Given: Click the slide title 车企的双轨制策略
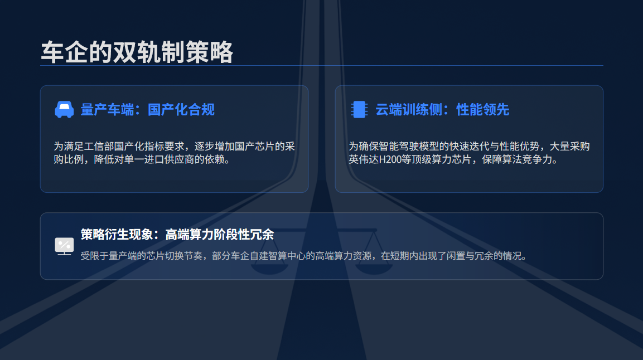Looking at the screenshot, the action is coord(137,52).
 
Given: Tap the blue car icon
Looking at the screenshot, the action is coord(64,109).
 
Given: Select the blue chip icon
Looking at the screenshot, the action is coord(359,109).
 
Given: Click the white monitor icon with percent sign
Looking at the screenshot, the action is coord(64,246).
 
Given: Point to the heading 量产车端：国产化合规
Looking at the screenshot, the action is coord(148,110).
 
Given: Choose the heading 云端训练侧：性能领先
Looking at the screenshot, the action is coord(442,110).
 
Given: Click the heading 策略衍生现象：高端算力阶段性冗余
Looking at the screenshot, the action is coord(177,235).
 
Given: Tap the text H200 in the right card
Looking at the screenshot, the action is coord(390,159).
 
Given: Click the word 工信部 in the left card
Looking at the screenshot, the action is coord(99,146).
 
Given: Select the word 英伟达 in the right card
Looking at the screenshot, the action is coord(364,159).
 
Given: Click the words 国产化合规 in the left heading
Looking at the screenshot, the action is coord(181,110).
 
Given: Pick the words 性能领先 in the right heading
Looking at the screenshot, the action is coord(483,110).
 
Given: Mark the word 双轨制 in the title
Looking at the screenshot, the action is coord(149,52).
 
